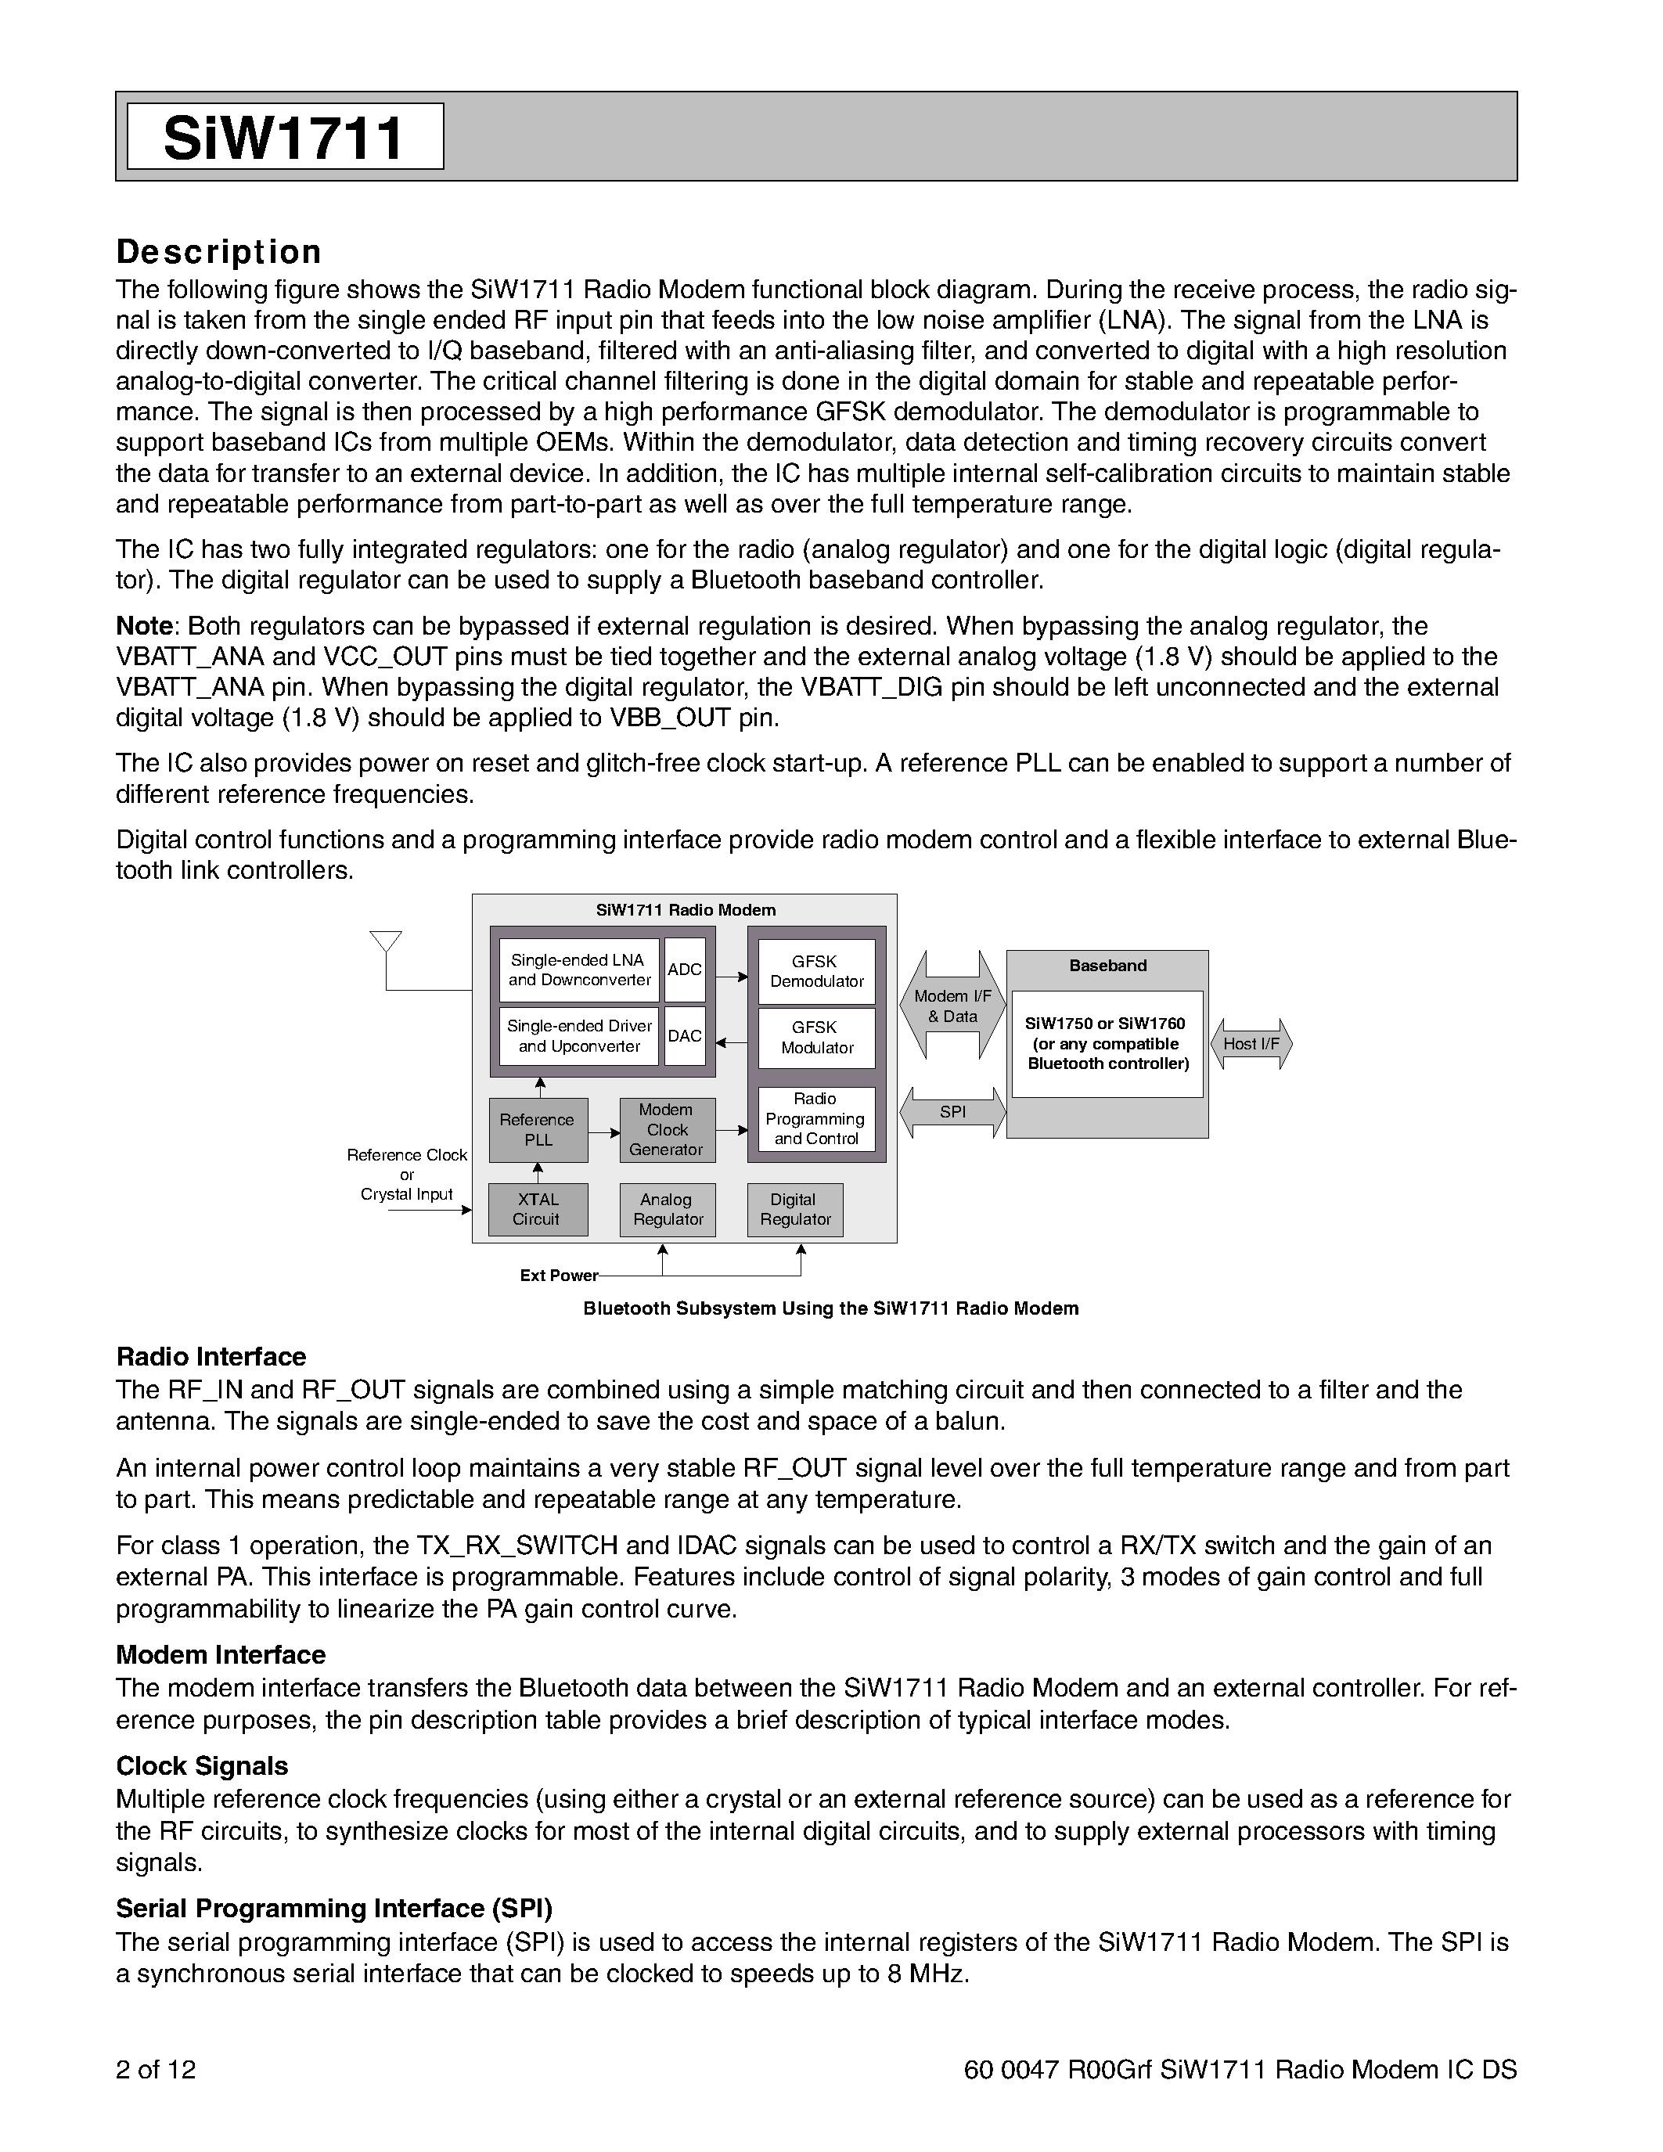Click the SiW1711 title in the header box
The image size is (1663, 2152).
point(284,137)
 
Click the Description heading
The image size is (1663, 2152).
point(218,252)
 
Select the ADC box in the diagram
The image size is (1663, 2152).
point(685,970)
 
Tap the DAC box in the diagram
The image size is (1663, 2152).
point(685,1035)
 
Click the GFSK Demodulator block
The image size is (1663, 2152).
point(817,972)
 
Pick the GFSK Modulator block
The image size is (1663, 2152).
point(817,1038)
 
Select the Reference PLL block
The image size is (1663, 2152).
point(538,1130)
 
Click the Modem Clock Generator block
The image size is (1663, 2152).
point(667,1130)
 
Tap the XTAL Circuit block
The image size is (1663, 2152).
point(538,1209)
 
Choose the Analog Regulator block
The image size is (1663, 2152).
point(667,1209)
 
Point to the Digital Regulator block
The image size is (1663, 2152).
point(795,1209)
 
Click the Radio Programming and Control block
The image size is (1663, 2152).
point(815,1118)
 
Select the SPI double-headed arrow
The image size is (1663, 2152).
point(952,1113)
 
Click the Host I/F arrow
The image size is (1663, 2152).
point(1251,1043)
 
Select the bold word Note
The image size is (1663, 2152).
point(144,627)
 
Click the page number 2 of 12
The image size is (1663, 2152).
point(156,2070)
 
